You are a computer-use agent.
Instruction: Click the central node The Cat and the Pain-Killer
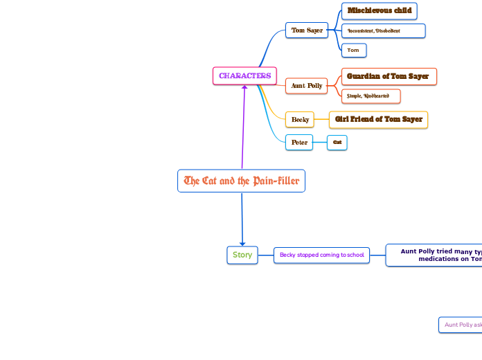[x=241, y=181]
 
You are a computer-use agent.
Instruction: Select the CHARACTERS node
[x=244, y=75]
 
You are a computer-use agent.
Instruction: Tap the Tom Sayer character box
[x=307, y=30]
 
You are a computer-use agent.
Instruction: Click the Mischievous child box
[x=380, y=11]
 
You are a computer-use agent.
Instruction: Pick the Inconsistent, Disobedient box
[x=383, y=30]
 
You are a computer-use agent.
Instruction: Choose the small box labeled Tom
[x=353, y=50]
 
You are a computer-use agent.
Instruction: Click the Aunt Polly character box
[x=307, y=86]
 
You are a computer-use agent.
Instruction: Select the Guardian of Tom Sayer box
[x=389, y=76]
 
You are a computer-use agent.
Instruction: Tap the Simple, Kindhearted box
[x=371, y=96]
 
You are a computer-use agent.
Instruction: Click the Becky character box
[x=300, y=120]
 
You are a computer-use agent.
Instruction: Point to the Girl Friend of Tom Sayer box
[x=378, y=120]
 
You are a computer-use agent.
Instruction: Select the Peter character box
[x=299, y=143]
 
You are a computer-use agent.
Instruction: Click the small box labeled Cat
[x=337, y=143]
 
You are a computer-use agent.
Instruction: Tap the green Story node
[x=242, y=255]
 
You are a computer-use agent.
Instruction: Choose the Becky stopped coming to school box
[x=321, y=255]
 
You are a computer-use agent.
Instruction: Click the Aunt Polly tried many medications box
[x=436, y=255]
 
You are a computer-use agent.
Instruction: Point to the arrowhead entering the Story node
[x=242, y=242]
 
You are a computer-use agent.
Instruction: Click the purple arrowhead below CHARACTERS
[x=244, y=88]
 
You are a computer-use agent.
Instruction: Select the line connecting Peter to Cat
[x=320, y=143]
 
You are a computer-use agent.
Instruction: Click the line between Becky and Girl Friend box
[x=321, y=120]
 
